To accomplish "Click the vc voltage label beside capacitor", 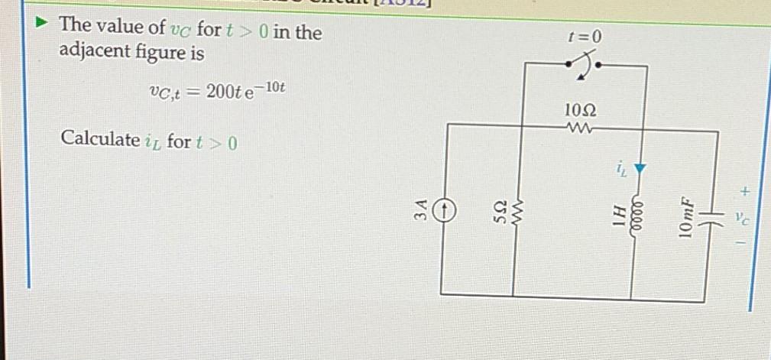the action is (x=747, y=217).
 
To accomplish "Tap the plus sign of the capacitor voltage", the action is (x=747, y=188).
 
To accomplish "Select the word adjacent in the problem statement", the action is (x=90, y=54).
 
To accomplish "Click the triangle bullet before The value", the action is (x=45, y=24).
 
